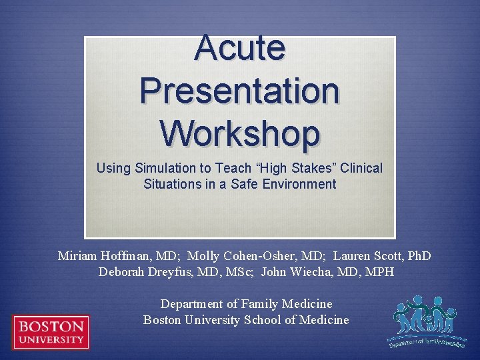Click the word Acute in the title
pyautogui.click(x=240, y=47)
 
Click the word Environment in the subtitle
pyautogui.click(x=299, y=184)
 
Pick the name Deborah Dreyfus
pyautogui.click(x=138, y=272)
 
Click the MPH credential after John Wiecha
pyautogui.click(x=378, y=272)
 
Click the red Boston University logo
pyautogui.click(x=51, y=332)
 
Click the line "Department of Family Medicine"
pyautogui.click(x=246, y=304)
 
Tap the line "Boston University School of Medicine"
pyautogui.click(x=246, y=320)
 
